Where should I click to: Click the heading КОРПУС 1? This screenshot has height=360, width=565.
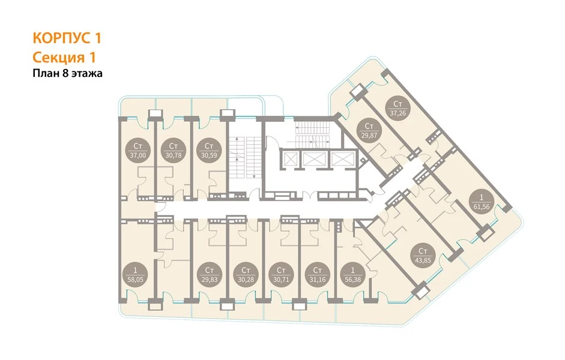(67, 38)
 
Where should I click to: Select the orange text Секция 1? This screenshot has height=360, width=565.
(64, 58)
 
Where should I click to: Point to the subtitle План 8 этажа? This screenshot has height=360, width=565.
(68, 73)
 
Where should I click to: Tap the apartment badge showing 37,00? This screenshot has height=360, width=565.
(137, 151)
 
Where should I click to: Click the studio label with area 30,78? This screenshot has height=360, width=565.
(174, 151)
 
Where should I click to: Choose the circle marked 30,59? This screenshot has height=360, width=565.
(209, 151)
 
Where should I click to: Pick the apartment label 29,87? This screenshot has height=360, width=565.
(369, 131)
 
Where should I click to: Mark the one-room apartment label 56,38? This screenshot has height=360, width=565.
(352, 274)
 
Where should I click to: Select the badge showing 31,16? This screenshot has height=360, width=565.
(317, 274)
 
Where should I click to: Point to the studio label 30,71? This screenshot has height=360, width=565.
(282, 274)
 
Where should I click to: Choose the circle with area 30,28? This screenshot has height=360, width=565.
(246, 274)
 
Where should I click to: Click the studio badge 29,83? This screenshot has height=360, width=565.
(210, 274)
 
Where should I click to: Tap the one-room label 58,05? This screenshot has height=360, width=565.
(135, 274)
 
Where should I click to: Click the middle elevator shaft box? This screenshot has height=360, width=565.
(314, 159)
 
